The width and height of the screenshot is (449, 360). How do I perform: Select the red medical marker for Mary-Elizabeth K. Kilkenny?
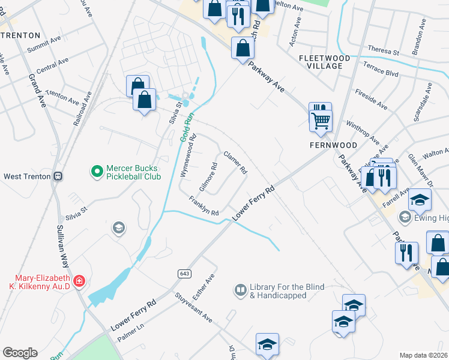tap(78, 280)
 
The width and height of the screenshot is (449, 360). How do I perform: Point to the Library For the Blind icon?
tap(240, 290)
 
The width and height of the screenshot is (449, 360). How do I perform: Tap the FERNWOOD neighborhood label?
tap(333, 145)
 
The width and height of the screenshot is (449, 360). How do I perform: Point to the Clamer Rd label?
tap(235, 163)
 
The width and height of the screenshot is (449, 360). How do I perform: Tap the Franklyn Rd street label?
tap(203, 206)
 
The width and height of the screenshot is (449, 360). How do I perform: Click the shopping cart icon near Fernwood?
tap(321, 119)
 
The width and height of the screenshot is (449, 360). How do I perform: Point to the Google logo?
tap(20, 353)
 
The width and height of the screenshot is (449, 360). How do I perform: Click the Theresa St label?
tap(384, 52)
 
